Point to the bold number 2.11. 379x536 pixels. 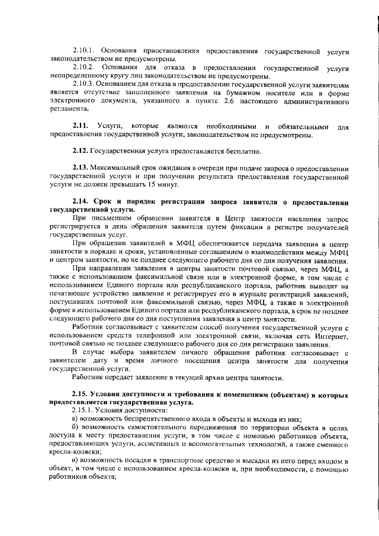click(x=81, y=126)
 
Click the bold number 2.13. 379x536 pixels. click(x=81, y=168)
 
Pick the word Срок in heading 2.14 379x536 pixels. click(x=107, y=202)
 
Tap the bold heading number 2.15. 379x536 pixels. click(x=81, y=394)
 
